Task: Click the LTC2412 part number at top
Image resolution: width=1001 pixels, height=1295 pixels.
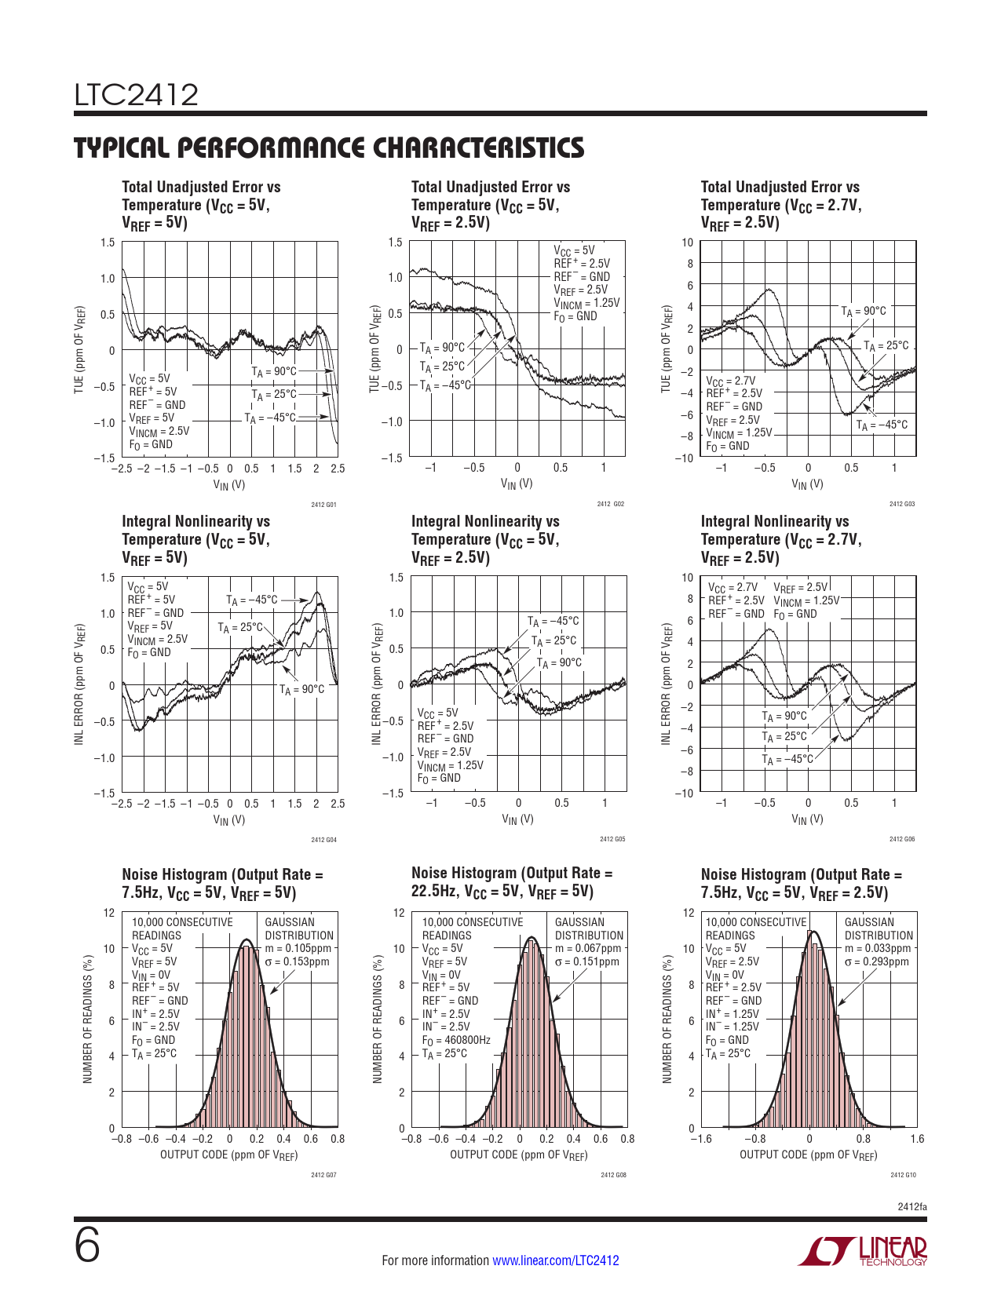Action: tap(137, 95)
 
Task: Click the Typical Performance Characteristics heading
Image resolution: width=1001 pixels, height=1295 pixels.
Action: tap(329, 148)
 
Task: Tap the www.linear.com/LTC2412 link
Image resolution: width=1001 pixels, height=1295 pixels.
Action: tap(555, 1260)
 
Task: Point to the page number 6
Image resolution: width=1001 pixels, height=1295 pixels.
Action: tap(87, 1246)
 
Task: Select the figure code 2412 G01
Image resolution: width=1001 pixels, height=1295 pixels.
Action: tap(323, 505)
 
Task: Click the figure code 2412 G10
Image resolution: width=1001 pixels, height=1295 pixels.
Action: tap(903, 1175)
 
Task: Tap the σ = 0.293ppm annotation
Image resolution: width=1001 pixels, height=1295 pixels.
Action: tap(876, 961)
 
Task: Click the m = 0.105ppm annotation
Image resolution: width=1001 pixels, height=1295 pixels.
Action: tap(298, 948)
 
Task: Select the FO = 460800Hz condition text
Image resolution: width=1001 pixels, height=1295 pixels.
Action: tap(455, 1040)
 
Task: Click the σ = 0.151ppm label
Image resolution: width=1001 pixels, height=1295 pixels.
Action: tap(586, 961)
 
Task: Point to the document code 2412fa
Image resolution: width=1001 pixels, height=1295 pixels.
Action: tap(911, 1206)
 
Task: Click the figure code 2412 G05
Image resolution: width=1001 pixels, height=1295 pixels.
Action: tap(612, 840)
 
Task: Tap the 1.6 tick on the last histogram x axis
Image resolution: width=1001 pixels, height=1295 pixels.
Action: tap(917, 1139)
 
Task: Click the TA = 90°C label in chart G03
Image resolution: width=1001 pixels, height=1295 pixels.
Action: tap(864, 312)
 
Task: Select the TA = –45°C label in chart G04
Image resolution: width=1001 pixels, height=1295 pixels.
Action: tap(252, 600)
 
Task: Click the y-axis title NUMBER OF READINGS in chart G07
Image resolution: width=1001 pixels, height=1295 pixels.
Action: tap(88, 1020)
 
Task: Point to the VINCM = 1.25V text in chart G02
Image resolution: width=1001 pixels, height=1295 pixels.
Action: tap(586, 303)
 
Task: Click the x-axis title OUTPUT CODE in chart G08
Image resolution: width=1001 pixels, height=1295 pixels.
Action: tap(519, 1155)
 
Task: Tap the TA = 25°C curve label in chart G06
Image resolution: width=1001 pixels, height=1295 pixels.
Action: tap(784, 737)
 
